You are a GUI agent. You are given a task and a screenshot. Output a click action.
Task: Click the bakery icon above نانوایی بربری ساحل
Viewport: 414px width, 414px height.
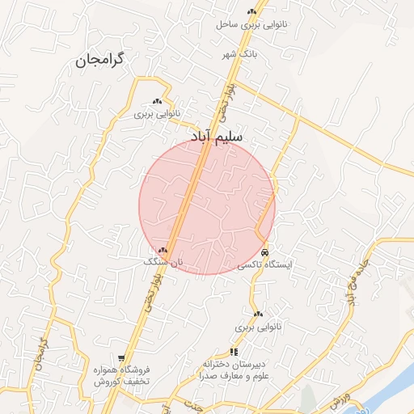pyautogui.click(x=252, y=11)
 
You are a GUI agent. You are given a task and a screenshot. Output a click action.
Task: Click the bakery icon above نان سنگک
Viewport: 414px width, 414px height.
pyautogui.click(x=163, y=251)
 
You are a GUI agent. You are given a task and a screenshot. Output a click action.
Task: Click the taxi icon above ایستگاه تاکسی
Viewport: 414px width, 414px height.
pyautogui.click(x=265, y=252)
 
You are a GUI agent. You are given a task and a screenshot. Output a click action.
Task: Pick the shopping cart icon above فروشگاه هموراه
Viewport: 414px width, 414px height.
pyautogui.click(x=121, y=358)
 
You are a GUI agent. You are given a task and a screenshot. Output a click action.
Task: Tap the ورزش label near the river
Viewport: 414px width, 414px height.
pyautogui.click(x=340, y=398)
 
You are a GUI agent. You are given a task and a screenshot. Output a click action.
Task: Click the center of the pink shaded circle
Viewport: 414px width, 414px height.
pyautogui.click(x=207, y=206)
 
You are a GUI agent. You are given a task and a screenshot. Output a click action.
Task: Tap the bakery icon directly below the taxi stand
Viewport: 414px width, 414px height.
pyautogui.click(x=258, y=314)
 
